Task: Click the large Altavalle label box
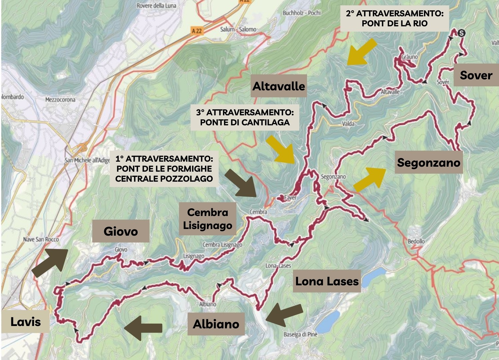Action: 278,86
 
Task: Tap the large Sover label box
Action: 476,75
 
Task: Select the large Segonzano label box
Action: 428,162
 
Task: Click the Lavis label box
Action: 25,322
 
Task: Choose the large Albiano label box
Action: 216,324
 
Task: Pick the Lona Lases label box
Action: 327,281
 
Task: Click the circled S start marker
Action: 461,33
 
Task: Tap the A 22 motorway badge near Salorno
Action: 197,31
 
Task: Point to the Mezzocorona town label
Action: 60,99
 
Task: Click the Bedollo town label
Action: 416,241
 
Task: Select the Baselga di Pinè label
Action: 300,334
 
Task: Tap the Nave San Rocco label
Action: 41,239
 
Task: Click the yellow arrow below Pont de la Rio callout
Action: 362,52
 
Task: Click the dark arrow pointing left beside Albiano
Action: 143,328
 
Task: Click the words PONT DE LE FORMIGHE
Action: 164,168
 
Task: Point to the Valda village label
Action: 348,124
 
